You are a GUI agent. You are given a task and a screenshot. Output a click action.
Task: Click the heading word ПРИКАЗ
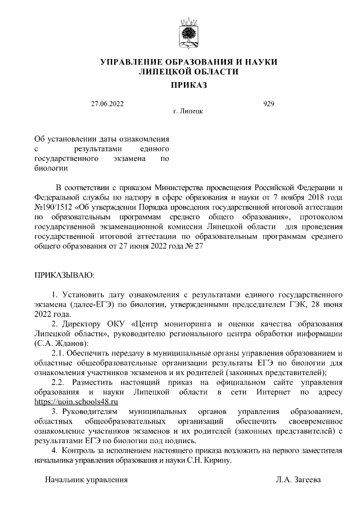click(188, 85)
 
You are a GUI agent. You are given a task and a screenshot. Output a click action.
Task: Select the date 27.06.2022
click(107, 103)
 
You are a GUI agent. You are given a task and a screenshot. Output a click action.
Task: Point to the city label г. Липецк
click(188, 111)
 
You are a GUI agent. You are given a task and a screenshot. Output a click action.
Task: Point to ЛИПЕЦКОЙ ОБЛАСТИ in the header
click(188, 71)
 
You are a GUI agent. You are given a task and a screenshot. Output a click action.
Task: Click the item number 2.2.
click(60, 382)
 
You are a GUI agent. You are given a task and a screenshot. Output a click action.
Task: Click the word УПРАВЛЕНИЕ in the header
click(130, 61)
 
